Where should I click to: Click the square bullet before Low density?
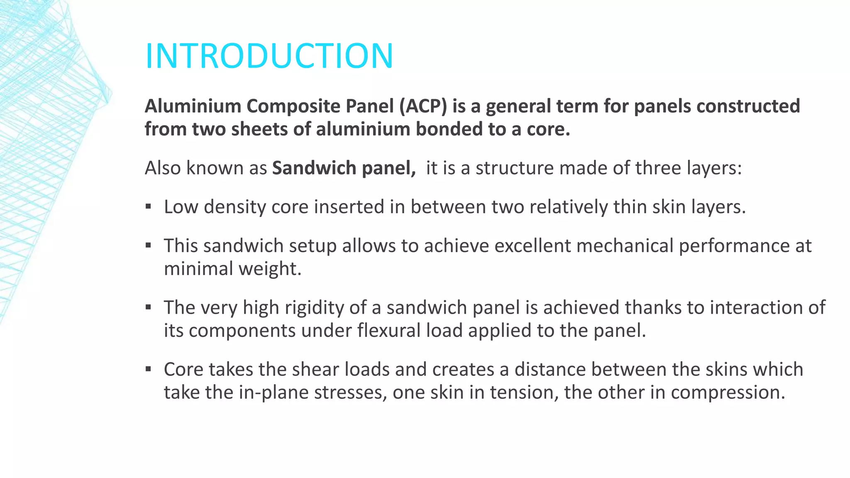(148, 206)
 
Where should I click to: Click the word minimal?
(198, 268)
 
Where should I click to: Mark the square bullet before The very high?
(148, 307)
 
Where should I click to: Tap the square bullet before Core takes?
(148, 369)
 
